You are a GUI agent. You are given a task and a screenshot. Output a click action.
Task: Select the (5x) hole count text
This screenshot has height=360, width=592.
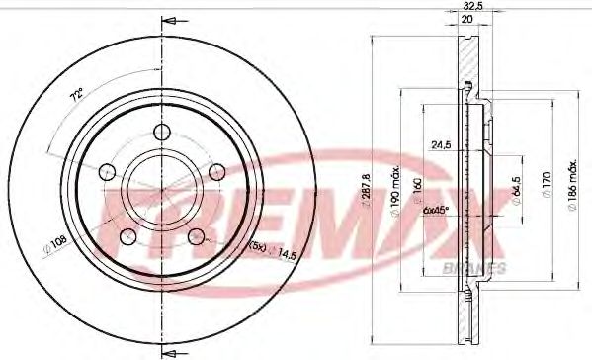256,246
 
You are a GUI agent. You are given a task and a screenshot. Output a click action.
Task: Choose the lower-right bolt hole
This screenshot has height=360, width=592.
196,235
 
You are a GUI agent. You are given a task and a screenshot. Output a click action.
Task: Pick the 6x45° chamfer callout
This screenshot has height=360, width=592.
436,210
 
